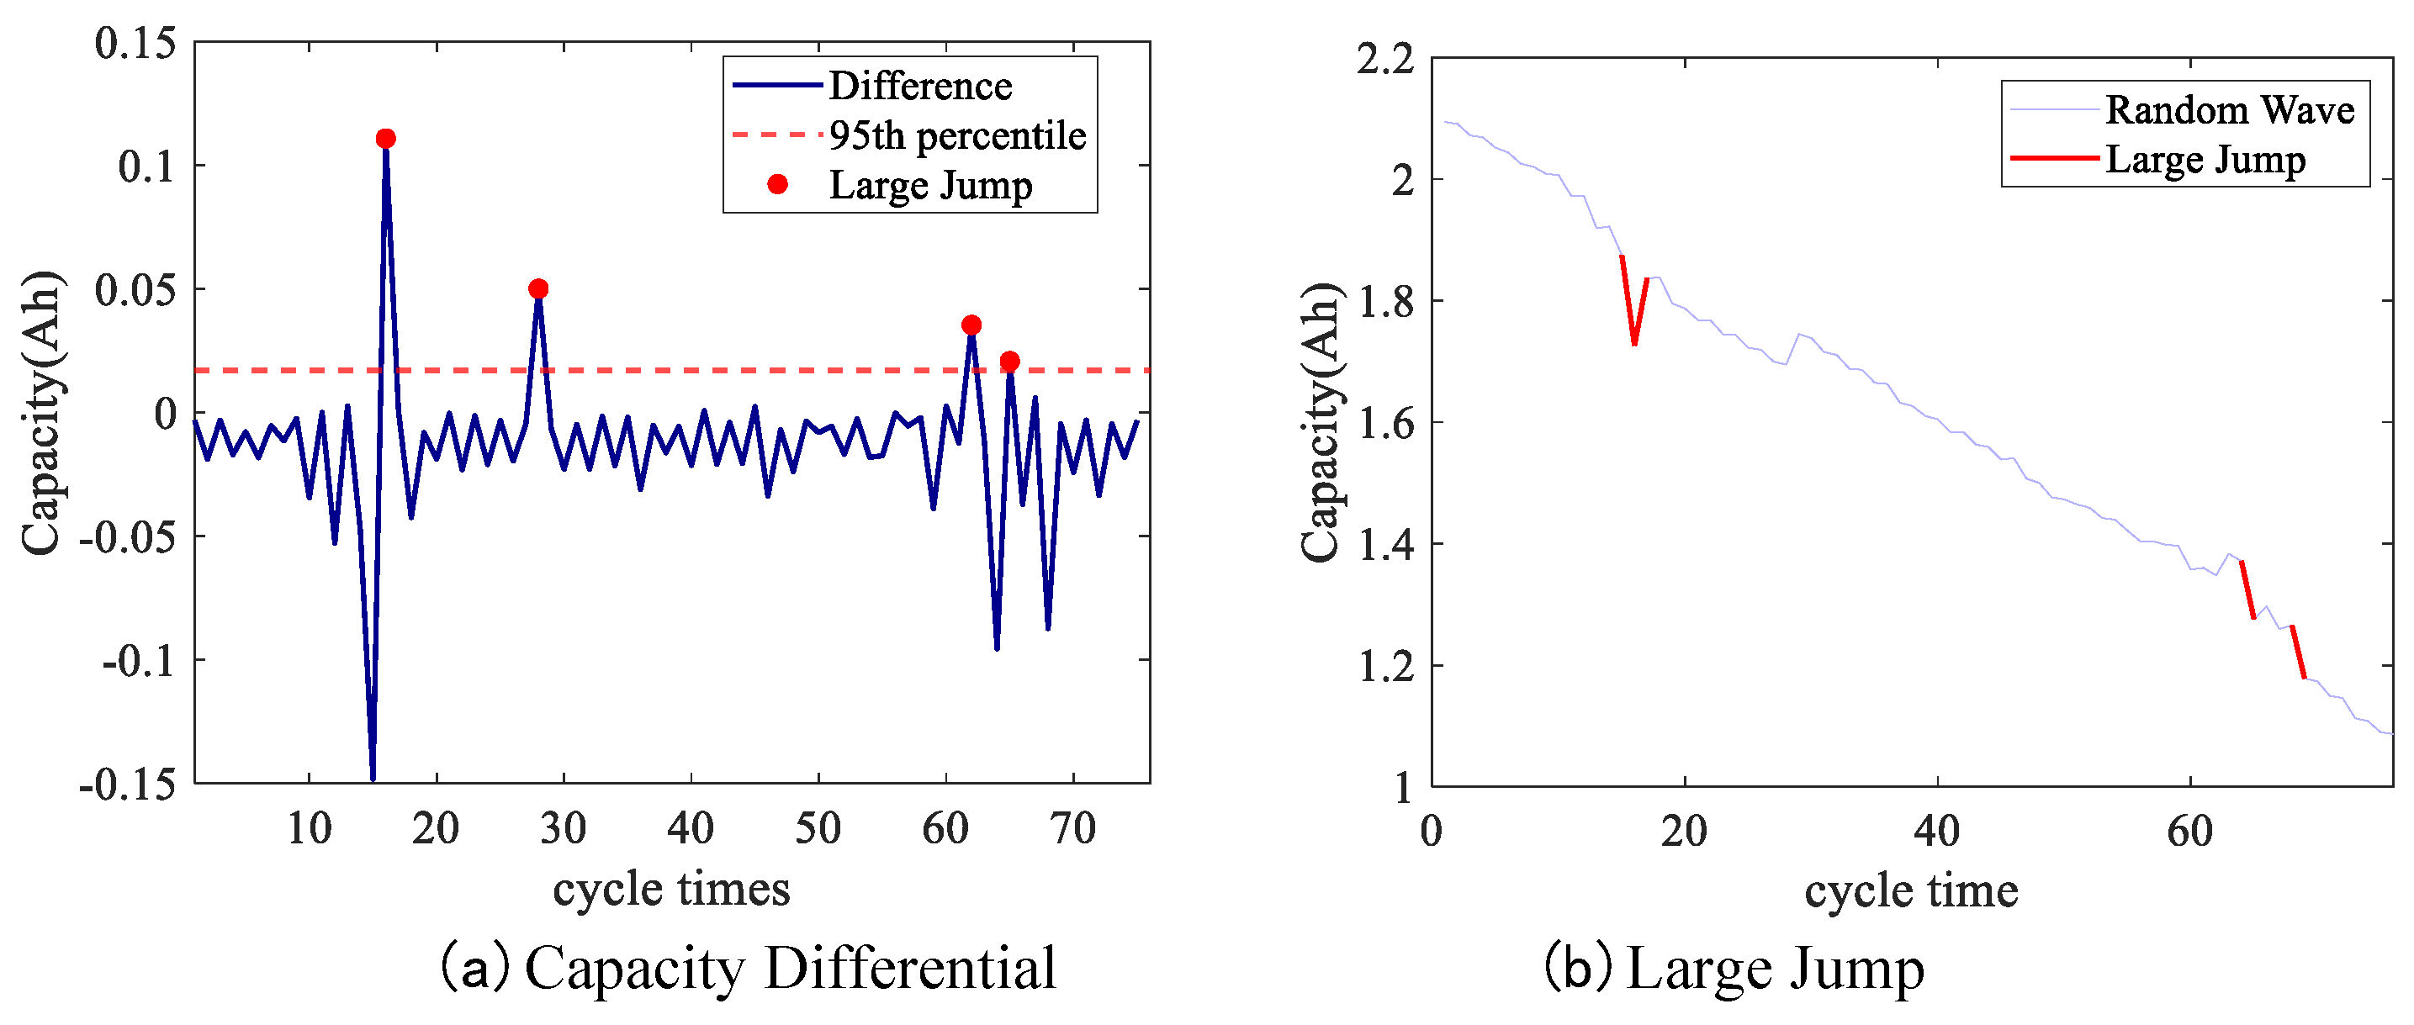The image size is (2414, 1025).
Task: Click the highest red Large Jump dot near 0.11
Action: (385, 139)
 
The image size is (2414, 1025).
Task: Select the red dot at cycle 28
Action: (538, 288)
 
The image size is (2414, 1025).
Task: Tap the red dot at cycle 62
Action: (971, 325)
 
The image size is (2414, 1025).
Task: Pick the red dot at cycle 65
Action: (1009, 362)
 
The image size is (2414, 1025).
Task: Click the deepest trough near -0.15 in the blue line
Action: (373, 776)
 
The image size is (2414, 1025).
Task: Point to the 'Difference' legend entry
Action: (919, 87)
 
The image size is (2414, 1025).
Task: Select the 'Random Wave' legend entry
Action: (2228, 110)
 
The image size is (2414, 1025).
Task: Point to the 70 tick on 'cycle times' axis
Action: (1072, 828)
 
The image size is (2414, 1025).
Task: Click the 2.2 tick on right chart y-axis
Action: (1385, 60)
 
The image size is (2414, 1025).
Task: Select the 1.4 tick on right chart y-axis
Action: (1385, 544)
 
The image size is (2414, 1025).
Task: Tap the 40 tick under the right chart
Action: (1936, 831)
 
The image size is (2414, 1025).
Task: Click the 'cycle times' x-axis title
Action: (671, 888)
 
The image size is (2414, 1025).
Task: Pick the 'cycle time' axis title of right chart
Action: (1911, 891)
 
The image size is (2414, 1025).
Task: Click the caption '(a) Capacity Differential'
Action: (748, 968)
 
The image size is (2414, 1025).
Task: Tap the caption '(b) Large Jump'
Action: (1734, 968)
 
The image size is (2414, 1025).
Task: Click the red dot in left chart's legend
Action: (777, 185)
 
